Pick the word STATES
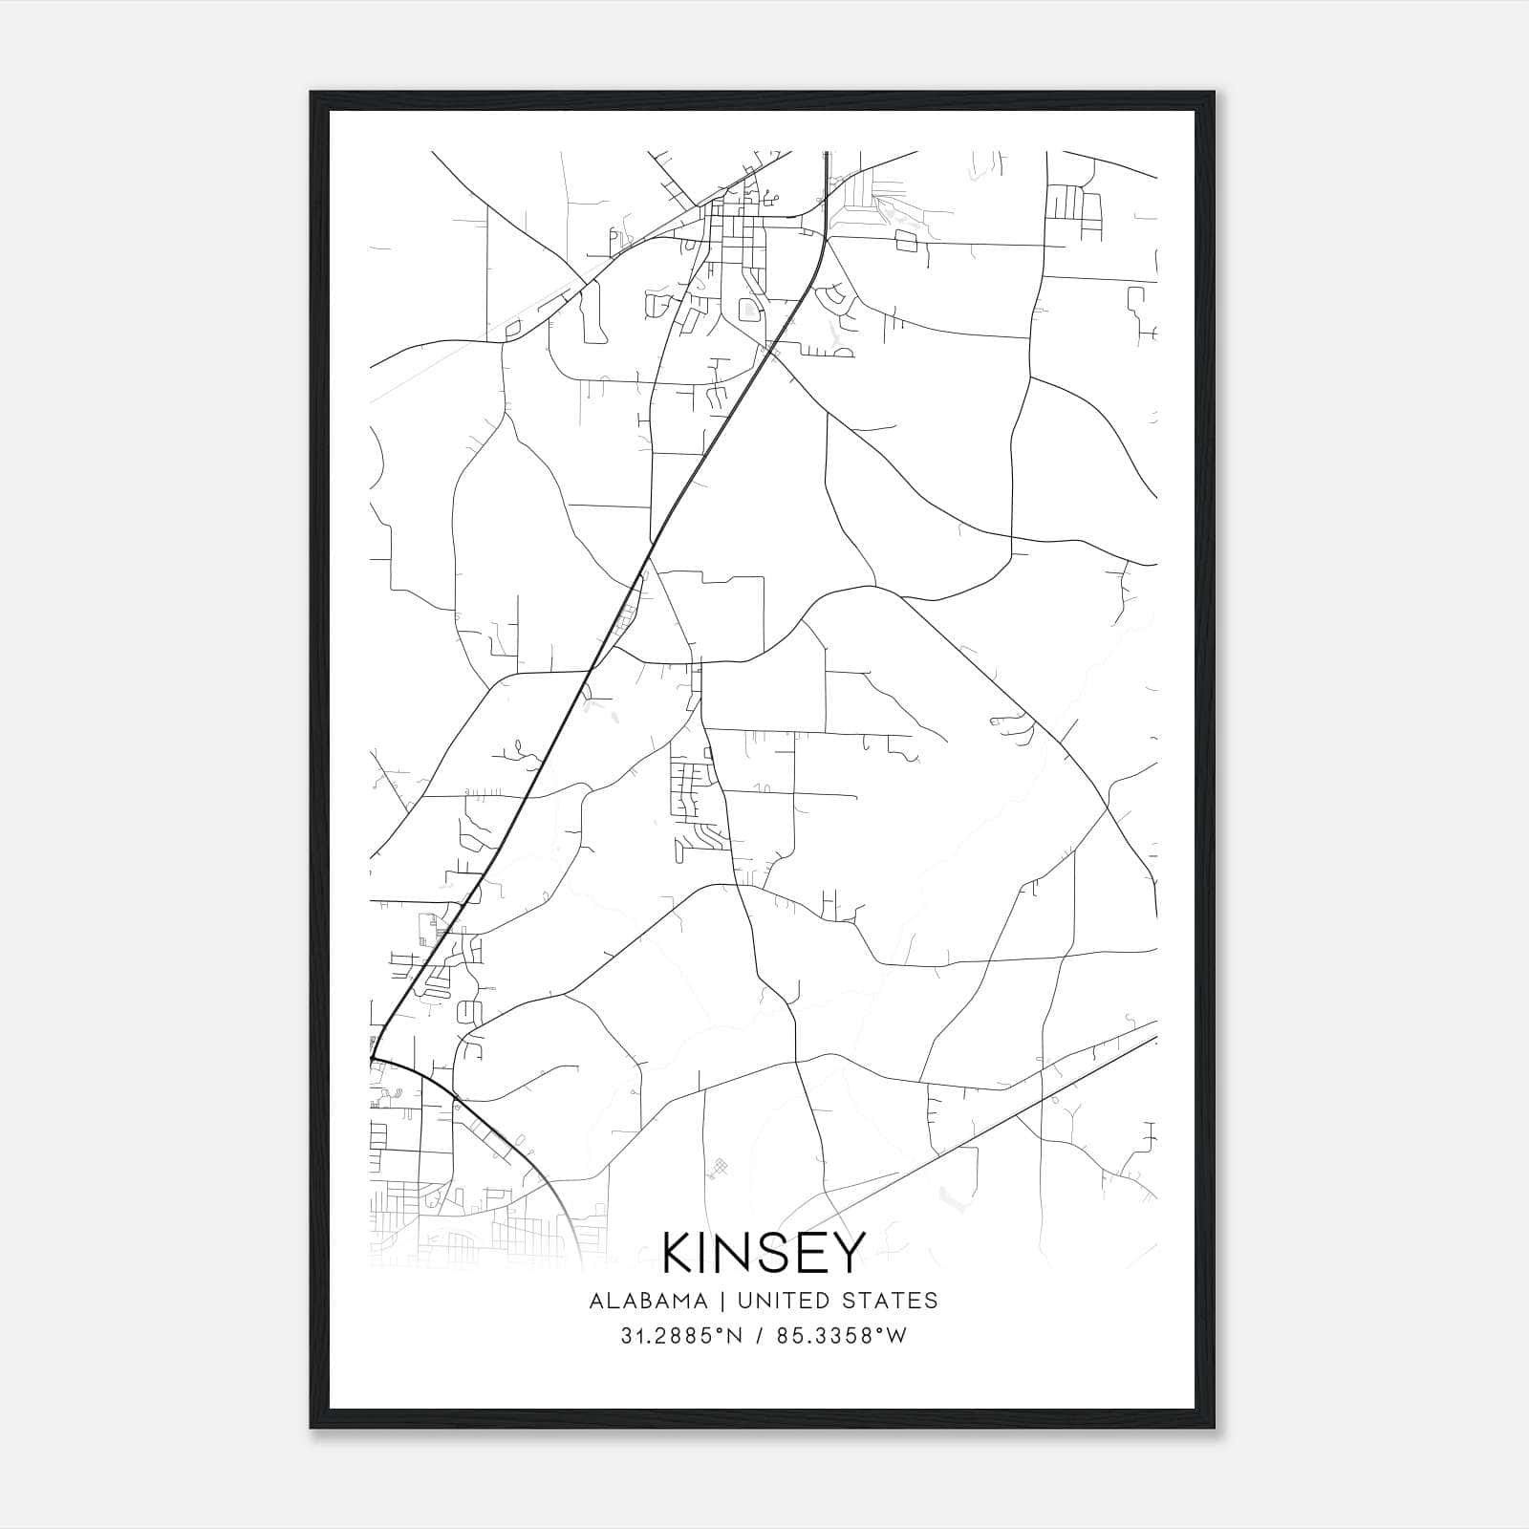(x=892, y=1301)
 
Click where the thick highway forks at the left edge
(x=375, y=1058)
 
